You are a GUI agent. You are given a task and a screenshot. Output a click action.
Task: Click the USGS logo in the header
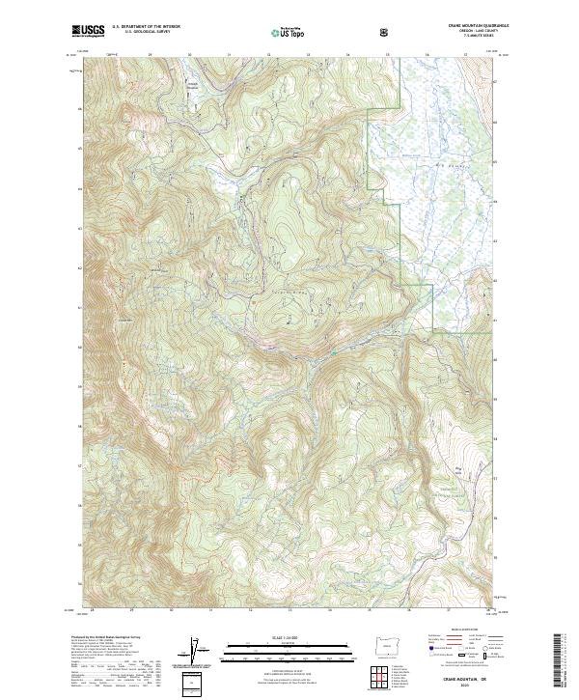click(89, 32)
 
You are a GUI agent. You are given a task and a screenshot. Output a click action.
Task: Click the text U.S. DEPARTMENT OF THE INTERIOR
click(146, 28)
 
